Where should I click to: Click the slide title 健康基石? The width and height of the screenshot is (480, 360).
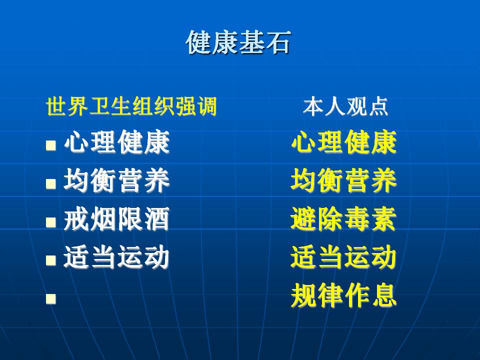click(x=238, y=42)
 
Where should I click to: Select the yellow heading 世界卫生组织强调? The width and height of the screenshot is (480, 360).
click(x=131, y=106)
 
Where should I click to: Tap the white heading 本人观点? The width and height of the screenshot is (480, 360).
click(x=345, y=106)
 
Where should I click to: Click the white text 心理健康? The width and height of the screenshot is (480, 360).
click(x=116, y=141)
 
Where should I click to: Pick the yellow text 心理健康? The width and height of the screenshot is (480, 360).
click(x=344, y=141)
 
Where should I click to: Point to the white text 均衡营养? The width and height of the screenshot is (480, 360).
click(x=116, y=180)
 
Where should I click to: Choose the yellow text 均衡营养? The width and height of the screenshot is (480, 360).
click(x=344, y=180)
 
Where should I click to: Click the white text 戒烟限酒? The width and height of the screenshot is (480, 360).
click(x=116, y=219)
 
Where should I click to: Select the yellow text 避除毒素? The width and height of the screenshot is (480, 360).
click(x=344, y=219)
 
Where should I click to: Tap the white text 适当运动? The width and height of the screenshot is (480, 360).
click(x=116, y=257)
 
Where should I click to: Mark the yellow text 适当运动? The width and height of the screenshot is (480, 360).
click(x=344, y=257)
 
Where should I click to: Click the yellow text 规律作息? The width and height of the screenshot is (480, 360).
click(x=344, y=295)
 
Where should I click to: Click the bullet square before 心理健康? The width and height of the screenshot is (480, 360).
click(x=51, y=145)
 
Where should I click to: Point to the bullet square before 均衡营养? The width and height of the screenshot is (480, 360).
click(x=51, y=183)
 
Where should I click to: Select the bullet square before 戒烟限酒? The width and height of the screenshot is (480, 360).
click(x=51, y=222)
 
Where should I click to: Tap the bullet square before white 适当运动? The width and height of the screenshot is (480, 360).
click(x=51, y=260)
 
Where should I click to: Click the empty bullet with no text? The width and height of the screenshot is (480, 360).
click(x=51, y=299)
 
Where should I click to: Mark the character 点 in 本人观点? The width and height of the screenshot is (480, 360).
click(x=378, y=106)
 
